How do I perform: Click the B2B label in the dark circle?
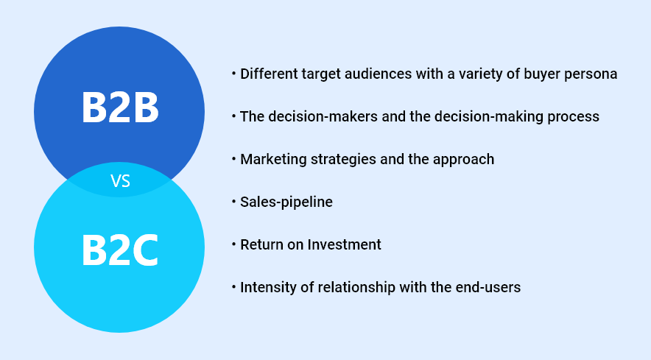click(120, 107)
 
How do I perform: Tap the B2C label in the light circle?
click(120, 250)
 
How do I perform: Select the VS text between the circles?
click(120, 181)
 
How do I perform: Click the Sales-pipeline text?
click(286, 202)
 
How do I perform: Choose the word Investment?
click(344, 244)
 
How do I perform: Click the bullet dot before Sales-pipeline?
click(233, 202)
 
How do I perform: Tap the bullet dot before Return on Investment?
click(233, 244)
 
